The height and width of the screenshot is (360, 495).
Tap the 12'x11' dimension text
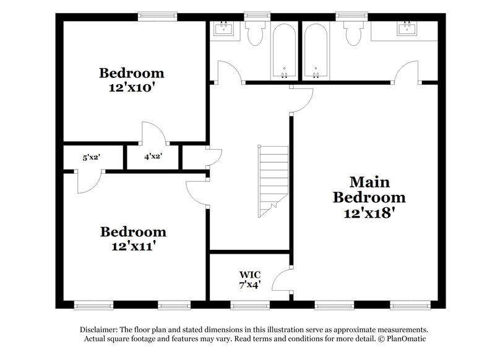(x=133, y=246)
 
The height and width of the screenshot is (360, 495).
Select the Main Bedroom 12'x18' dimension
(x=369, y=213)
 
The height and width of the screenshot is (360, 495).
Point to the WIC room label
(x=250, y=274)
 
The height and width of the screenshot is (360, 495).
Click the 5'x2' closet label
(x=92, y=157)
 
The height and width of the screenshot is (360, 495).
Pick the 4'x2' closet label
(x=153, y=157)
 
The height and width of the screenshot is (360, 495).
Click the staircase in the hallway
(x=273, y=180)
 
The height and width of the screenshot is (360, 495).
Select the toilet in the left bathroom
(x=254, y=32)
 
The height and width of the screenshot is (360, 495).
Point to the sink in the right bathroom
(x=407, y=28)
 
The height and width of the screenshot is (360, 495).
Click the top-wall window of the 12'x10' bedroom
(x=155, y=16)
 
